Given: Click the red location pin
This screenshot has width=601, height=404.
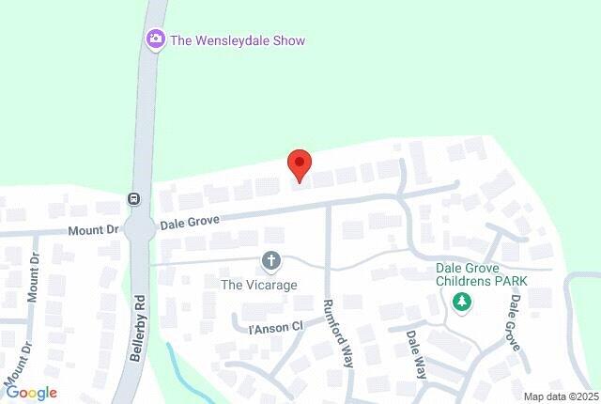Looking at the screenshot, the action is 299,164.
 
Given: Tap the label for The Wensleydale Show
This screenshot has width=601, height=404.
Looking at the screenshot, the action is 238,40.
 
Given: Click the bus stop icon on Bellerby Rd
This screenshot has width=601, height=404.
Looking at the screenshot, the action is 134,199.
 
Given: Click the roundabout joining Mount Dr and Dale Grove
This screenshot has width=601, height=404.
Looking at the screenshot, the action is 140,228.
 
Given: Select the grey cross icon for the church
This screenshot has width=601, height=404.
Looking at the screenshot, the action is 271,260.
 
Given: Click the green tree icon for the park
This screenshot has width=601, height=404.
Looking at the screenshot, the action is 461,302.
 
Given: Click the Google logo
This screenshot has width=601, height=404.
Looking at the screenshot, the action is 31,393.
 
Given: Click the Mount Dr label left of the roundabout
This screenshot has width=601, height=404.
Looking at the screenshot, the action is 93,229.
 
